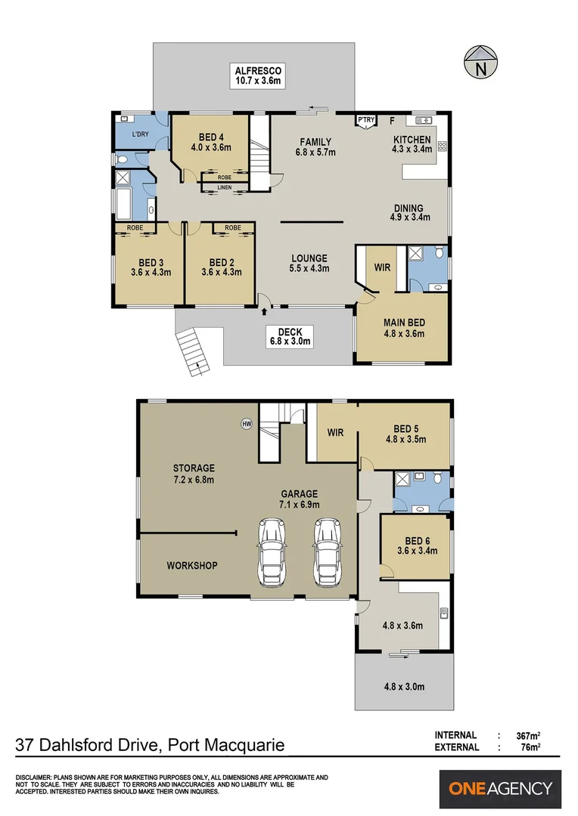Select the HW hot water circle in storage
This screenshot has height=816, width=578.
[x=246, y=424]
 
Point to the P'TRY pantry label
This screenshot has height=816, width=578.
[x=367, y=120]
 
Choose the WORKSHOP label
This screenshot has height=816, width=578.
[x=192, y=565]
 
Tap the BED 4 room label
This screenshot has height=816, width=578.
[x=211, y=137]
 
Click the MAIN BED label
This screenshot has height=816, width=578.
[x=404, y=323]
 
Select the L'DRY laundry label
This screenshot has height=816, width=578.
[x=139, y=134]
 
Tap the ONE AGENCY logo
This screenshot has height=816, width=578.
[x=500, y=789]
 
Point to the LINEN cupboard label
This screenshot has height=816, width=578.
[x=225, y=187]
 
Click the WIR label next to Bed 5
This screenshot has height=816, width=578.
[x=336, y=433]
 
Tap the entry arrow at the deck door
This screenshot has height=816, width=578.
[x=264, y=310]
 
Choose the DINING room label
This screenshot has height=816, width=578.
[x=408, y=209]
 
